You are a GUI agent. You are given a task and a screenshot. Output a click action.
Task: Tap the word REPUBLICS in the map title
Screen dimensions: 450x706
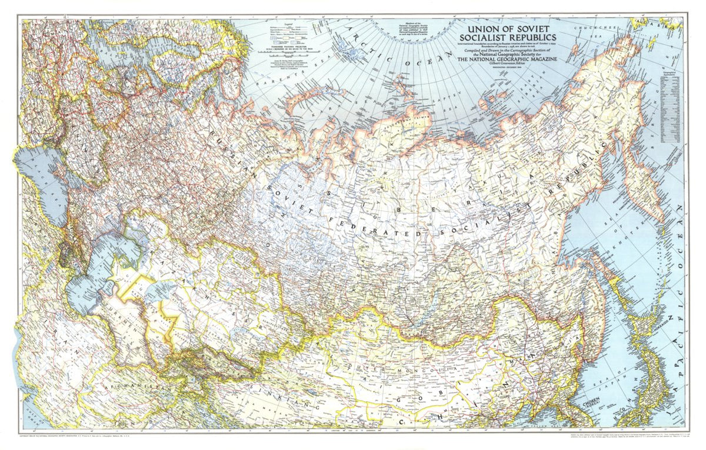click(x=532, y=38)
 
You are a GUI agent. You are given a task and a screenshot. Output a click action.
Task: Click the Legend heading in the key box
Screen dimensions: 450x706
click(x=288, y=24)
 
